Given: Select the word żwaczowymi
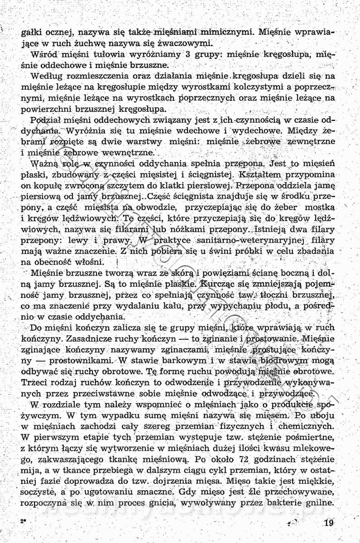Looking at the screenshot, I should [183, 43].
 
